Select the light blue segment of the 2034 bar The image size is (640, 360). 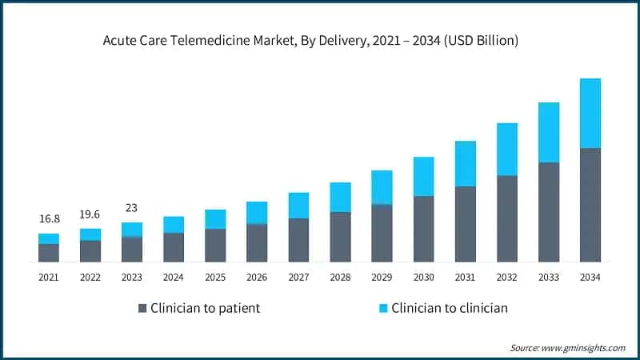click(x=590, y=113)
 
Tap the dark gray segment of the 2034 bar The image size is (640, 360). click(x=590, y=205)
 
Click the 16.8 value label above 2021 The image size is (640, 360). click(x=49, y=219)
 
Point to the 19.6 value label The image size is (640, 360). click(x=90, y=214)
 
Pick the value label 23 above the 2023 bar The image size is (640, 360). click(x=132, y=208)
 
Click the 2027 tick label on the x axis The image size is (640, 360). click(x=298, y=277)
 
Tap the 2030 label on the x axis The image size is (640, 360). click(x=423, y=277)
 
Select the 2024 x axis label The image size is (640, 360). click(x=174, y=277)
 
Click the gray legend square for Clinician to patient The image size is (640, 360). click(x=143, y=308)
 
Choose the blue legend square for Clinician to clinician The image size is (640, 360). click(x=383, y=308)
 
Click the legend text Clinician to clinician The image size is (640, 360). click(x=450, y=308)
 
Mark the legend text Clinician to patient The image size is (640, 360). click(x=206, y=308)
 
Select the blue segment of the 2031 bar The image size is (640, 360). click(x=466, y=163)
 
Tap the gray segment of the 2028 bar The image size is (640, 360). click(x=340, y=237)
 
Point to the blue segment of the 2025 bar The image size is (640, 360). click(x=215, y=219)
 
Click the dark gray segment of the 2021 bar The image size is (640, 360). click(x=49, y=253)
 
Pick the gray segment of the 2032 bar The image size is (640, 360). click(x=507, y=218)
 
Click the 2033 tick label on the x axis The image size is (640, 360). click(x=549, y=277)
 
